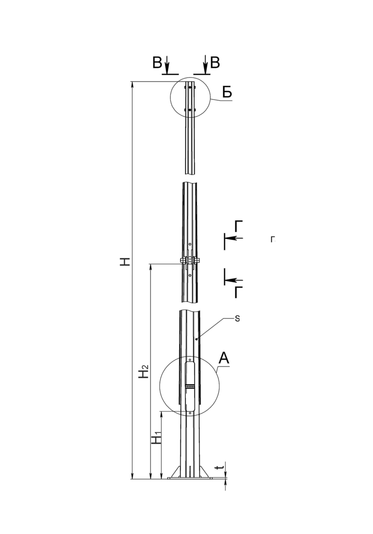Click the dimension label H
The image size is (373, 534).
[x=126, y=262]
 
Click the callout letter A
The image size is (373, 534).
[x=224, y=358]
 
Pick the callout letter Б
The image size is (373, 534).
[x=227, y=92]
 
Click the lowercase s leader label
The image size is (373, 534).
[x=238, y=319]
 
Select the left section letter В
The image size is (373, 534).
[x=157, y=63]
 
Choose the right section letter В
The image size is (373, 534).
[x=215, y=63]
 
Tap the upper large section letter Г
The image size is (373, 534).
[x=239, y=226]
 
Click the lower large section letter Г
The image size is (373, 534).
[x=239, y=292]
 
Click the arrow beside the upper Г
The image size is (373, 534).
[x=234, y=238]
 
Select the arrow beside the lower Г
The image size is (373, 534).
[x=234, y=280]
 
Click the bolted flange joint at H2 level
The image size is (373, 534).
[x=189, y=261]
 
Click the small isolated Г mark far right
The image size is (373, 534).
[x=272, y=239]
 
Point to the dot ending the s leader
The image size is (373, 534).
[x=196, y=339]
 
